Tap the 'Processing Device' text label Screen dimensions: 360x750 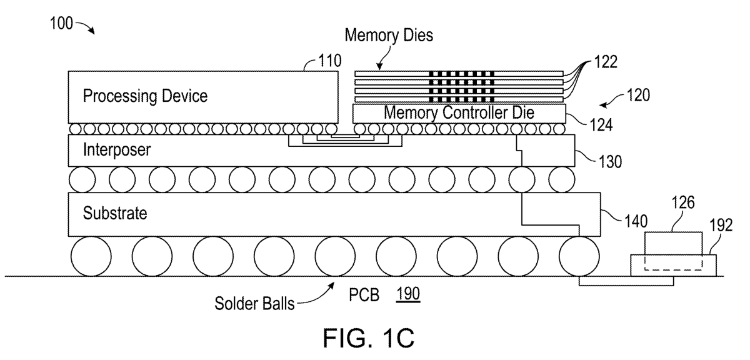point(144,96)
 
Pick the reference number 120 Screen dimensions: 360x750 point(637,96)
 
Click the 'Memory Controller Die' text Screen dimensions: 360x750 point(459,113)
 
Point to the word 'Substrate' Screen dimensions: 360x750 point(114,213)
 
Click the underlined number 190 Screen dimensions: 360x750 point(409,294)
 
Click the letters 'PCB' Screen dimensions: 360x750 point(365,294)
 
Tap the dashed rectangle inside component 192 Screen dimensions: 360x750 point(674,261)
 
